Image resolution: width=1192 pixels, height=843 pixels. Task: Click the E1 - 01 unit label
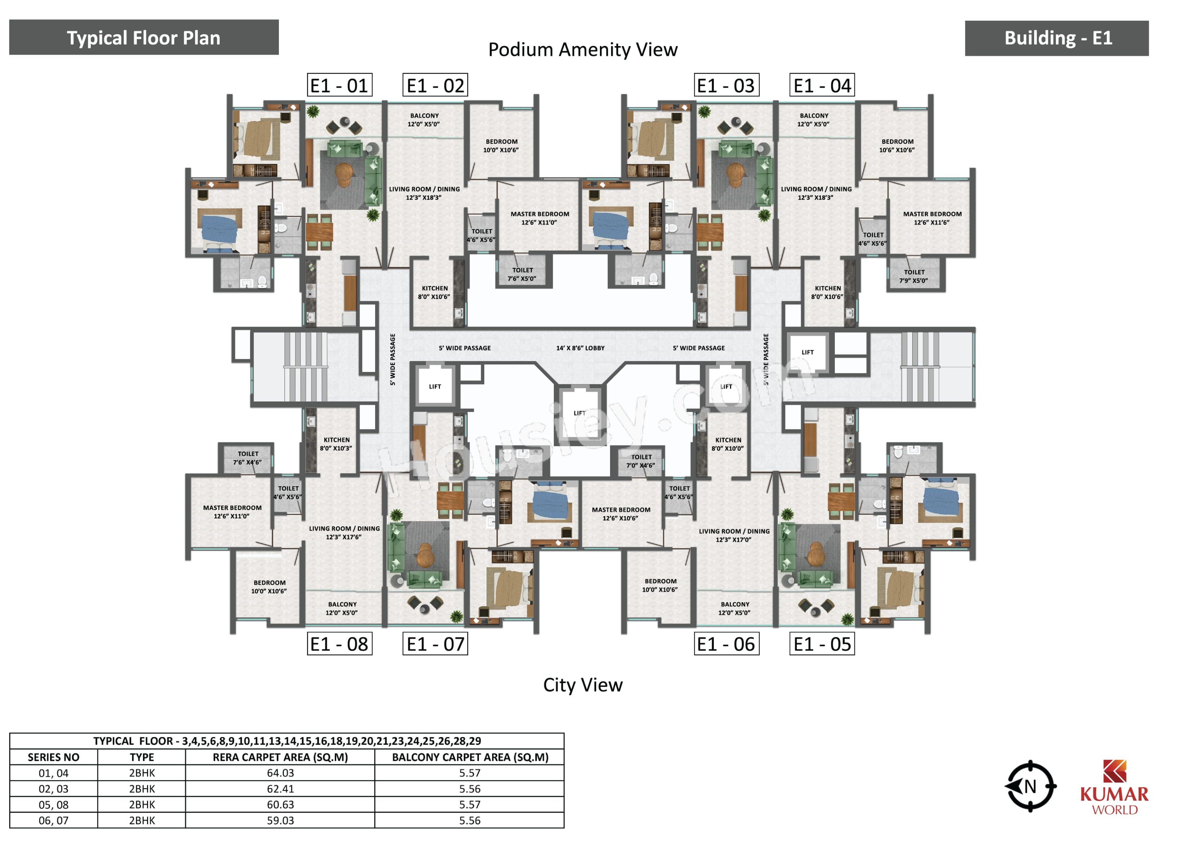[x=339, y=85]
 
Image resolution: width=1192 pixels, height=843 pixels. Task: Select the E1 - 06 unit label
[x=726, y=644]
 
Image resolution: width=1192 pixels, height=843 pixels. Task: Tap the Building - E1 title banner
[x=1057, y=38]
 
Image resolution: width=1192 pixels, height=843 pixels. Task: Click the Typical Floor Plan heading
[x=144, y=37]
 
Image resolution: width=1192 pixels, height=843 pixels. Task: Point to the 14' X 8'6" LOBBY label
[x=581, y=348]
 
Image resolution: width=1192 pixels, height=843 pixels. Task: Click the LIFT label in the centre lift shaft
[x=579, y=413]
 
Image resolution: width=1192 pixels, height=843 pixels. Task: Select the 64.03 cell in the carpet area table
[x=280, y=773]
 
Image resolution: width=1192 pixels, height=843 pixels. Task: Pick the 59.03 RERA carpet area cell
[x=280, y=820]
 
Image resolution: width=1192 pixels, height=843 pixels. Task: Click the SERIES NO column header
[x=53, y=757]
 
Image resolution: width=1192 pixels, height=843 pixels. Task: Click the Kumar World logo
[x=1114, y=787]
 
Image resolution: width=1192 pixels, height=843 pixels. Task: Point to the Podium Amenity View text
[x=583, y=49]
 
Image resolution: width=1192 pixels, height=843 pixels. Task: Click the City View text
[x=583, y=685]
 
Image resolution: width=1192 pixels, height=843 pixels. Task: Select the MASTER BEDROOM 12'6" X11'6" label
[x=933, y=218]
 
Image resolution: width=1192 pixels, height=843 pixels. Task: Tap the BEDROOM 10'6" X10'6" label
[x=897, y=146]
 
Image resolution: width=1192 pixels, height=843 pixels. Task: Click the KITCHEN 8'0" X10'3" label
[x=337, y=444]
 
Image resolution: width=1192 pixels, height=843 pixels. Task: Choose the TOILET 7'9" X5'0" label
[x=914, y=276]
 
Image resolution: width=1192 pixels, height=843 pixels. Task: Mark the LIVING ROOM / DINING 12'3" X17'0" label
[x=734, y=536]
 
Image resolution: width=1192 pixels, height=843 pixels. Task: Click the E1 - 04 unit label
[x=822, y=85]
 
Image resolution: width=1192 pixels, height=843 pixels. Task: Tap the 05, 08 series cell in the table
[x=53, y=804]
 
